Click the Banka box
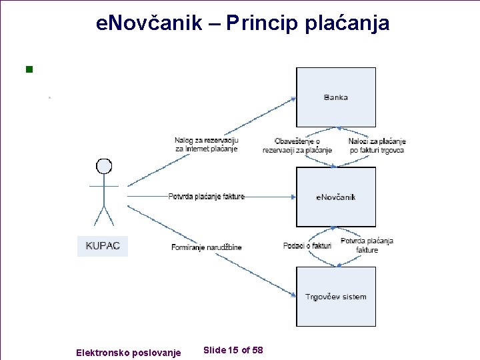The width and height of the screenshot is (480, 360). (x=335, y=97)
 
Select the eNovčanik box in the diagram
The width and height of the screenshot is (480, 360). (x=335, y=197)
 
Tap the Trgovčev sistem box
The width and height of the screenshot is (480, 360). (x=335, y=297)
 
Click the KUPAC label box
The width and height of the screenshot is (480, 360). (x=103, y=246)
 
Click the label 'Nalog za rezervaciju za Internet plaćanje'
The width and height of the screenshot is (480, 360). (x=207, y=145)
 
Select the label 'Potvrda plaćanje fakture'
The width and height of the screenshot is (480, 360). (x=207, y=197)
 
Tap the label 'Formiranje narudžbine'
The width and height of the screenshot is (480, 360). (x=207, y=247)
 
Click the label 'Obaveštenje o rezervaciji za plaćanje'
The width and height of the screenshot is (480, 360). (x=297, y=145)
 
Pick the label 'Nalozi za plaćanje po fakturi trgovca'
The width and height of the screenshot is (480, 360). (x=377, y=145)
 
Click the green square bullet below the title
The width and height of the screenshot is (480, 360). (x=29, y=69)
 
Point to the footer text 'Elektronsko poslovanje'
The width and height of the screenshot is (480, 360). (x=128, y=352)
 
